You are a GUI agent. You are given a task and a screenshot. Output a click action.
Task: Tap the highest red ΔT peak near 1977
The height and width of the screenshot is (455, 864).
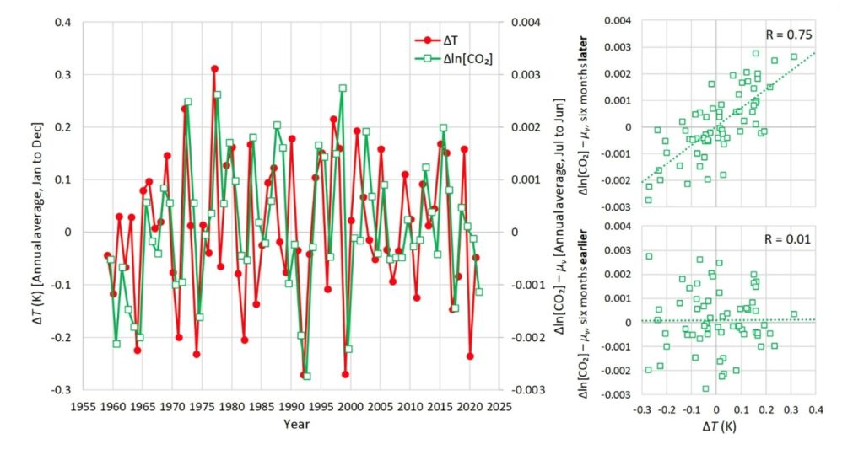pyautogui.click(x=215, y=68)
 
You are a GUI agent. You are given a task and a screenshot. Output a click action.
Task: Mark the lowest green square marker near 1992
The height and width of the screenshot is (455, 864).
pyautogui.click(x=307, y=377)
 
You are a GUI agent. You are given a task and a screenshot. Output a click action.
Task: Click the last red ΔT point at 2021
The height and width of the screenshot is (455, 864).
pyautogui.click(x=476, y=257)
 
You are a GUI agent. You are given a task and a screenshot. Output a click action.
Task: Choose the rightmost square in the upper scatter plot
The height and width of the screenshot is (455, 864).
pyautogui.click(x=794, y=56)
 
